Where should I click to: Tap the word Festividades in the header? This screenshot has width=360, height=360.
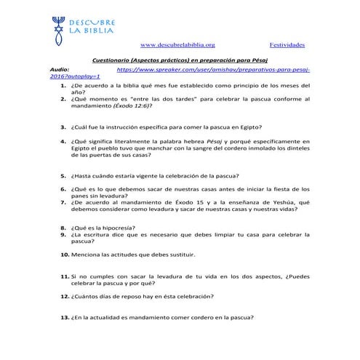tap(287, 45)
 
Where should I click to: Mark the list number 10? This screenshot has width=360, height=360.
tap(64, 255)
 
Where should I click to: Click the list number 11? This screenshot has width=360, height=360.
tap(64, 276)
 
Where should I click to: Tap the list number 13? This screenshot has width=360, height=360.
tap(64, 318)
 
